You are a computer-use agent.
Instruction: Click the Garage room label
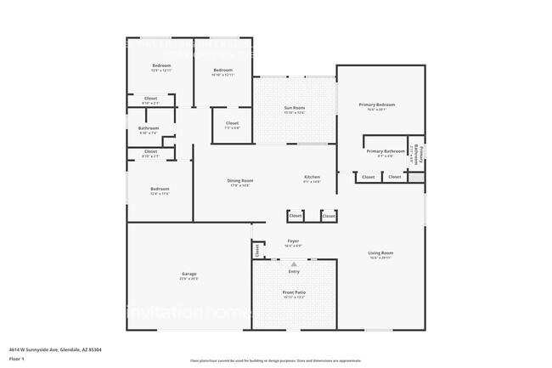pos(189,274)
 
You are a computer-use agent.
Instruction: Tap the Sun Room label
pos(294,108)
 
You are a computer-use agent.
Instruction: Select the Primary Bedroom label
pos(377,105)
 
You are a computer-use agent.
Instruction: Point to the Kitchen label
pos(313,178)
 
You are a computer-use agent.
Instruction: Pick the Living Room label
pos(380,253)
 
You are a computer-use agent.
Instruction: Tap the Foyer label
pos(293,241)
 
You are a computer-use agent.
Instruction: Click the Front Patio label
pos(294,292)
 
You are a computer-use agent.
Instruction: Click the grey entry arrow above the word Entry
pos(294,264)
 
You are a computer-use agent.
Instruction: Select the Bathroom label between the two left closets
pos(148,128)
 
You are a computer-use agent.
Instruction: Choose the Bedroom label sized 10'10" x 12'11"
pos(222,70)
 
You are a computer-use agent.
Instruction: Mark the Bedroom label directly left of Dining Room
pos(160,189)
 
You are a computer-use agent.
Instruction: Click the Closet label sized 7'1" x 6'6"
pos(232,124)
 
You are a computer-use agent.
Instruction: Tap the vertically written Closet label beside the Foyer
pos(257,251)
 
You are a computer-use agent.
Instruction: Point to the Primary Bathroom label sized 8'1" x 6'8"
pos(386,151)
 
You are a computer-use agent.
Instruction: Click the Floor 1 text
pos(17,359)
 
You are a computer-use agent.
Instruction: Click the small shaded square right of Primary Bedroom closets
pos(415,177)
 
